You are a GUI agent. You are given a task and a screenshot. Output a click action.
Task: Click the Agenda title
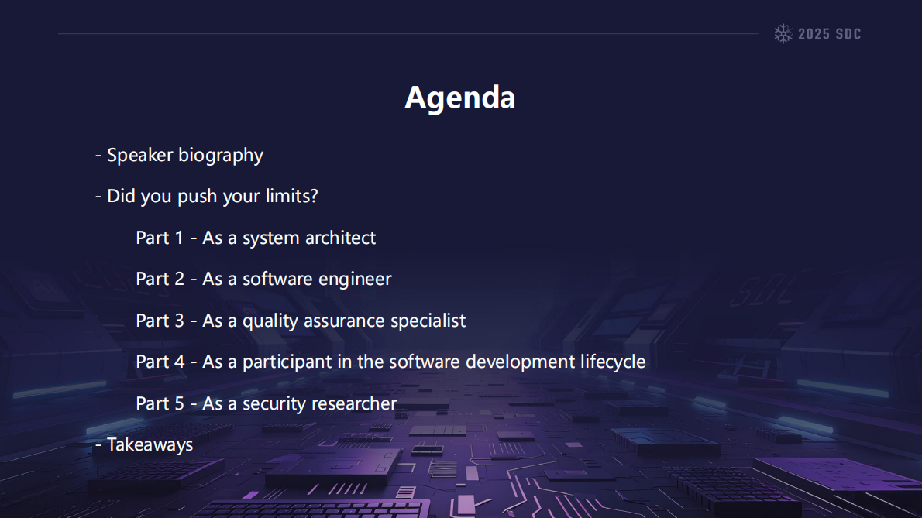(459, 98)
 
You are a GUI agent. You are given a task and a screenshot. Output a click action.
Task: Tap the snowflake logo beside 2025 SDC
(783, 33)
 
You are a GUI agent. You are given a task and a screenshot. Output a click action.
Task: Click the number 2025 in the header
(814, 34)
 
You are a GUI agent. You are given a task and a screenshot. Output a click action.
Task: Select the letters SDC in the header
(848, 34)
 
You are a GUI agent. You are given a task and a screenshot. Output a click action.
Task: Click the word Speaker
(140, 155)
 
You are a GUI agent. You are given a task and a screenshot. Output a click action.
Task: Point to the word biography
(221, 156)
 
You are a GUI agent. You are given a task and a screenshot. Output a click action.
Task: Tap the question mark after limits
(314, 196)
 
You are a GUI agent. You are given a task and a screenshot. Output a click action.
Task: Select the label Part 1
(160, 238)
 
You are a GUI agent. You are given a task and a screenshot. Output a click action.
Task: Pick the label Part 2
(160, 279)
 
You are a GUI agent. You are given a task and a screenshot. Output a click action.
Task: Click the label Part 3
(160, 321)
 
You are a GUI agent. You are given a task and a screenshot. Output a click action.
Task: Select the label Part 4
(160, 362)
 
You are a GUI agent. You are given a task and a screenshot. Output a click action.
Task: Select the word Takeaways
(150, 445)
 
